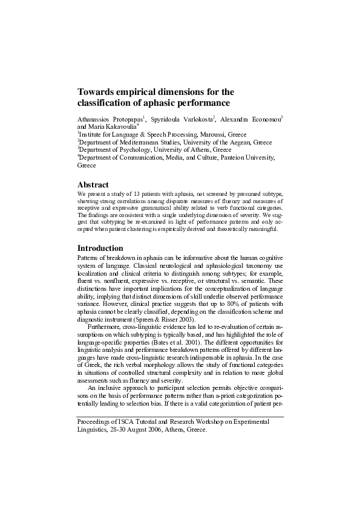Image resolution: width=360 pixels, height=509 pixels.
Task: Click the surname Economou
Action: [x=263, y=119]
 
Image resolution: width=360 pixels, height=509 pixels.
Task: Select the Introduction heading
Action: [x=100, y=248]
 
